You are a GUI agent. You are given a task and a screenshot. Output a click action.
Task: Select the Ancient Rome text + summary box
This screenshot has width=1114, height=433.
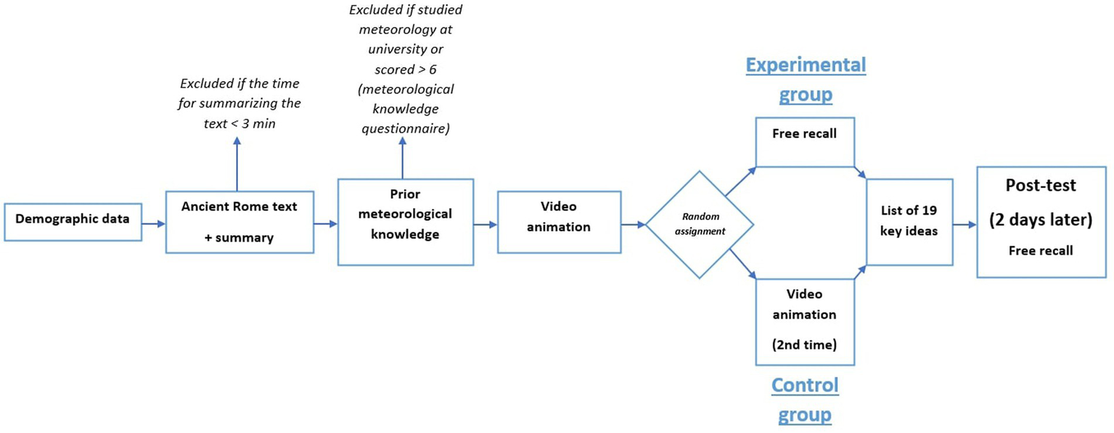point(239,222)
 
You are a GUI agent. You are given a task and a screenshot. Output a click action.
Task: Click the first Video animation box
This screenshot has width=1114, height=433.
point(557,222)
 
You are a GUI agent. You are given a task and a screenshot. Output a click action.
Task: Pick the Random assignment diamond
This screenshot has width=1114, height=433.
point(700,224)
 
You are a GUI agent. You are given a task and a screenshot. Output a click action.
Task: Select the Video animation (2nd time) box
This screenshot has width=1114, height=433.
point(805,321)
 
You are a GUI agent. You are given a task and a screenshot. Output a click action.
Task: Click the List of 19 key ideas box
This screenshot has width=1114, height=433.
point(910,222)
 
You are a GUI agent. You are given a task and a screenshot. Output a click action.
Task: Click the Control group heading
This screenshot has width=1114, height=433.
point(804,400)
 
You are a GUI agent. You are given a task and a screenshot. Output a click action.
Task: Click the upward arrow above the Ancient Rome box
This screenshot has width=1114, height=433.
point(237,162)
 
